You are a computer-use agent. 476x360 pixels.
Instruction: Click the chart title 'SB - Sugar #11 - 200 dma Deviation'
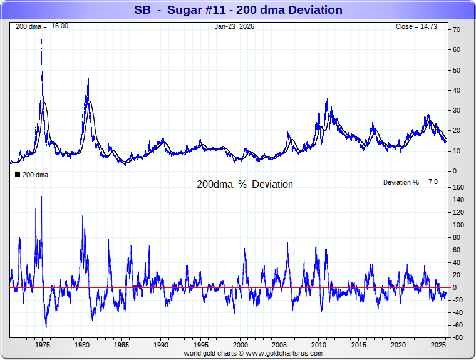click(x=238, y=10)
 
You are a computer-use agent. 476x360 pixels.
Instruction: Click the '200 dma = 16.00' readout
click(x=42, y=26)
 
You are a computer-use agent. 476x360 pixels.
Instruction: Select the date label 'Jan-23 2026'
click(x=234, y=26)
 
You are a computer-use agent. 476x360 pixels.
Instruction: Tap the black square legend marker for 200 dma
click(x=18, y=175)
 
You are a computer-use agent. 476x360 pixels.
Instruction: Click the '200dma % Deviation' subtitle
click(x=245, y=185)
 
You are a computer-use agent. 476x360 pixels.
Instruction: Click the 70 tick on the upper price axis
click(x=457, y=29)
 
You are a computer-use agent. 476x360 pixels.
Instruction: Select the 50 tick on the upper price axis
click(x=457, y=70)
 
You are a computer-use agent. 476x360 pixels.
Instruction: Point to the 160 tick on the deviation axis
click(x=458, y=187)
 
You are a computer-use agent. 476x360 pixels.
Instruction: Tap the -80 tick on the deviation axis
click(x=458, y=338)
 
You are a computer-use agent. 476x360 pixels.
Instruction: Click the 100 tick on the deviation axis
click(x=458, y=225)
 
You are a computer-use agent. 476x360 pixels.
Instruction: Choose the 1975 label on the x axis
click(x=43, y=345)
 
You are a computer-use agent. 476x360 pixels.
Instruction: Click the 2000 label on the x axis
click(x=241, y=345)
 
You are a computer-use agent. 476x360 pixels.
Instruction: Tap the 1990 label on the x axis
click(x=162, y=345)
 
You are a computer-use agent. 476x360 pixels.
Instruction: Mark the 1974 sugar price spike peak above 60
click(x=42, y=39)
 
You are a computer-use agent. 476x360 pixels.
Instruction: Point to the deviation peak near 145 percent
click(x=42, y=197)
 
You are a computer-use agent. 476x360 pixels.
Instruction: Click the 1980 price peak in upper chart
click(x=88, y=79)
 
